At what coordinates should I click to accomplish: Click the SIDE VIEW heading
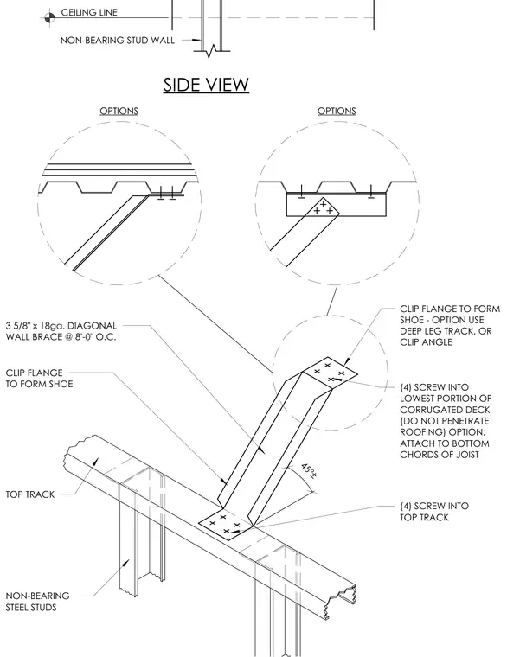click(206, 84)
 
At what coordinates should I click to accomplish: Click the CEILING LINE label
click(89, 13)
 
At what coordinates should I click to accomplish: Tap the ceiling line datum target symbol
click(49, 17)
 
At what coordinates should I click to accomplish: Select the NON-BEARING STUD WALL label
click(118, 41)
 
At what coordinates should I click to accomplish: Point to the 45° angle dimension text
click(309, 471)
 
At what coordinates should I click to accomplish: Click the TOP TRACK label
click(29, 494)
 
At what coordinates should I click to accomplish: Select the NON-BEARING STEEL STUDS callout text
click(37, 602)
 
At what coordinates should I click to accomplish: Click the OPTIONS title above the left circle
click(119, 111)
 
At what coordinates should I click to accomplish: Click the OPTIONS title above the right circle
click(337, 111)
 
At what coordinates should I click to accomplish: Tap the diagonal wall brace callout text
click(61, 331)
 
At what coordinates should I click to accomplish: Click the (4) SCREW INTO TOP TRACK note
click(434, 512)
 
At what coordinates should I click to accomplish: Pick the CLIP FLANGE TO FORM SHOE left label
click(39, 379)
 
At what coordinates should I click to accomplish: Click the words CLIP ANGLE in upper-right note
click(426, 342)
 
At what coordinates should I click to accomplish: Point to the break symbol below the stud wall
click(212, 51)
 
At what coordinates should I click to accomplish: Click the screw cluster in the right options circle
click(324, 207)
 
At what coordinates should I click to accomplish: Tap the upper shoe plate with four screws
click(330, 373)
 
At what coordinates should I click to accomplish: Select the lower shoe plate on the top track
click(226, 525)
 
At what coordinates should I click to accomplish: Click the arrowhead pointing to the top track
click(95, 462)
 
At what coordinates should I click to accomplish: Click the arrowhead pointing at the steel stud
click(125, 563)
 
